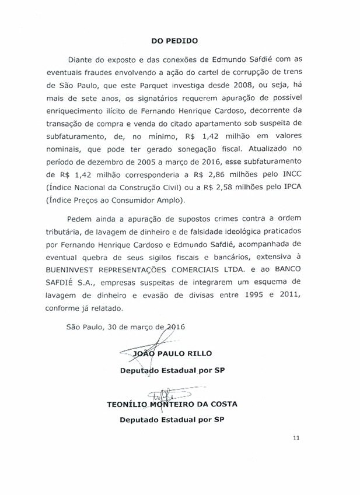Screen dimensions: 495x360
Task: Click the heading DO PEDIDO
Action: coord(174,41)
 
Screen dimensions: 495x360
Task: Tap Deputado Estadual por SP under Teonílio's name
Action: coord(172,419)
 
